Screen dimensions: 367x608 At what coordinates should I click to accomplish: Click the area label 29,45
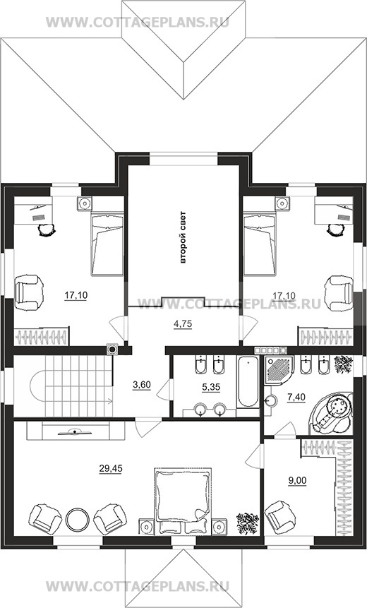pyautogui.click(x=111, y=469)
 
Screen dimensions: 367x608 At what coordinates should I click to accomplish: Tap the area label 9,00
pyautogui.click(x=298, y=481)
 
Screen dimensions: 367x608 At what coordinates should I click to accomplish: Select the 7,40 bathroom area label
pyautogui.click(x=296, y=397)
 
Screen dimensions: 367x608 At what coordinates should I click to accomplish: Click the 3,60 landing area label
pyautogui.click(x=141, y=385)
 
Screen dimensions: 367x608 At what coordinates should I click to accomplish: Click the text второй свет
pyautogui.click(x=183, y=237)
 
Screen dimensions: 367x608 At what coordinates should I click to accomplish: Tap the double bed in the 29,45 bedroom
pyautogui.click(x=183, y=501)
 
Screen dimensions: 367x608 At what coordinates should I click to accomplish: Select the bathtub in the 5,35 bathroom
pyautogui.click(x=248, y=382)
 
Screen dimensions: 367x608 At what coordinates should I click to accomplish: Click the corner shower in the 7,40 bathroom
pyautogui.click(x=279, y=370)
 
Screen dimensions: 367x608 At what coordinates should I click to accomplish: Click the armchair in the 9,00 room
pyautogui.click(x=278, y=515)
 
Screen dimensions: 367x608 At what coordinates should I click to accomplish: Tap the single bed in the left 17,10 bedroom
pyautogui.click(x=107, y=244)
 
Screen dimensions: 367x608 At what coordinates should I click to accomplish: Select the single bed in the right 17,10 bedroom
pyautogui.click(x=260, y=244)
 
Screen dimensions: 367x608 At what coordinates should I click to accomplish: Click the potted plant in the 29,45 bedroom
pyautogui.click(x=248, y=523)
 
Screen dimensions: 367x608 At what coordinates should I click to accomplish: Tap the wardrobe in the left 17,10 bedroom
pyautogui.click(x=42, y=337)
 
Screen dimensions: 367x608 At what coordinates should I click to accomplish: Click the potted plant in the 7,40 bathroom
pyautogui.click(x=344, y=364)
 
